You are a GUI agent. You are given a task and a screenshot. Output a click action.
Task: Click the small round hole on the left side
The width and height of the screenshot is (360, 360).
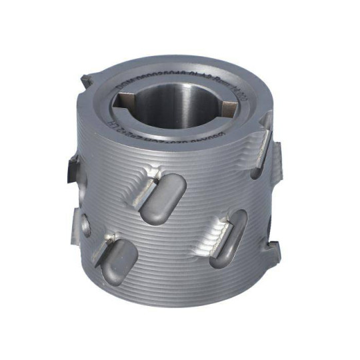click(x=88, y=221)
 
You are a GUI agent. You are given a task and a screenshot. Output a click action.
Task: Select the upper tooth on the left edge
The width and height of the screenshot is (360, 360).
click(x=71, y=169)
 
